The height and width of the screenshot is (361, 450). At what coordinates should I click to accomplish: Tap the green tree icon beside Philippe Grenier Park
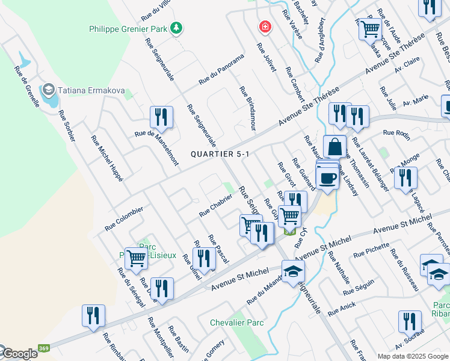point(176,28)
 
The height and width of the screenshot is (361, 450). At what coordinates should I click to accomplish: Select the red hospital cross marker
point(264,26)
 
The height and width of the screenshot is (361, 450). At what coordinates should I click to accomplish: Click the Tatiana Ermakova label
point(92,91)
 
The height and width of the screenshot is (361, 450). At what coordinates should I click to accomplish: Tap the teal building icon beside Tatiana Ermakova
point(48,91)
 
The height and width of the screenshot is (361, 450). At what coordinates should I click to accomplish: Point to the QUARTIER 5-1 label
point(220,154)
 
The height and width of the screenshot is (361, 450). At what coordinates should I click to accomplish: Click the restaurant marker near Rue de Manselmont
point(161,117)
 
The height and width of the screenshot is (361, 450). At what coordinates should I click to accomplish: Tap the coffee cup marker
point(327,179)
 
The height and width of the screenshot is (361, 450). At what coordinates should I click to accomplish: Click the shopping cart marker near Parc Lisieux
point(137,258)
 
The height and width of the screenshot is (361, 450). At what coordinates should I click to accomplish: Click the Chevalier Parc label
point(237,323)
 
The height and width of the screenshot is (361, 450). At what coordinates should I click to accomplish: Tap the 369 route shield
point(44,348)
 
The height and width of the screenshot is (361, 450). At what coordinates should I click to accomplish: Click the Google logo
point(19,354)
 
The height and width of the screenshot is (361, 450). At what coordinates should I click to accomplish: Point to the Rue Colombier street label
point(124,219)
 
